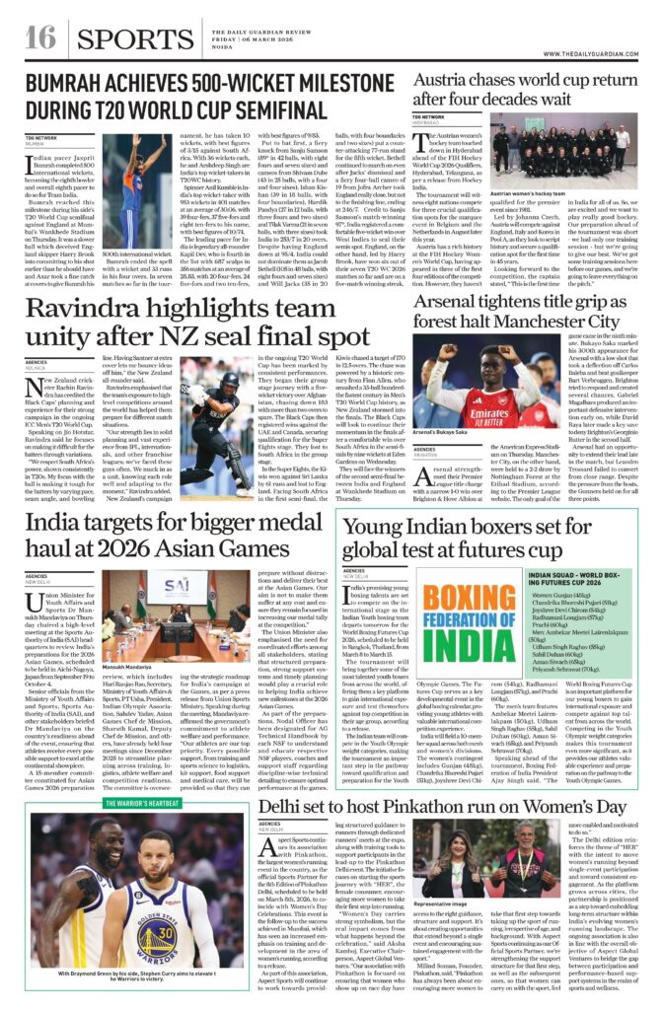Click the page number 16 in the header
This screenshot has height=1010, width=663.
click(39, 37)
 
